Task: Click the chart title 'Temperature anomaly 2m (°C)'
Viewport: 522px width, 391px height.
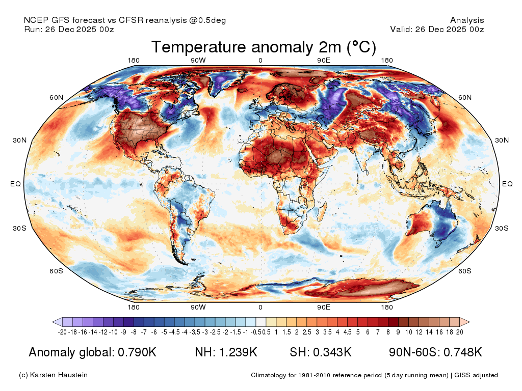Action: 264,47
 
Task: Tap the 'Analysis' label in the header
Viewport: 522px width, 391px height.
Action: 467,20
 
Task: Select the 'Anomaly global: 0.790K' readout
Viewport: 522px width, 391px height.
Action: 93,352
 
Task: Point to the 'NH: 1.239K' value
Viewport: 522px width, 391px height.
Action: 226,352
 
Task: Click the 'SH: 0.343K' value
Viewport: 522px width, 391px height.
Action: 321,352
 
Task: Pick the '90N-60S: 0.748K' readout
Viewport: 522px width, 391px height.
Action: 435,352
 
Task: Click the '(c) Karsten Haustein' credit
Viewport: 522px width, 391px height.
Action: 53,375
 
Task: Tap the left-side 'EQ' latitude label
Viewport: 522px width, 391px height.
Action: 16,184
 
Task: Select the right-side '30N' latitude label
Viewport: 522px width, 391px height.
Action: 502,140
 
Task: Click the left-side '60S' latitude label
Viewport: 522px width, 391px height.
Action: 56,271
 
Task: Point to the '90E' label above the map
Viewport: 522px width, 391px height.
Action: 324,60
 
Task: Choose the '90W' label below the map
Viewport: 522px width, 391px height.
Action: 198,307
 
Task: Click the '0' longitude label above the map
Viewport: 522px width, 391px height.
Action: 260,60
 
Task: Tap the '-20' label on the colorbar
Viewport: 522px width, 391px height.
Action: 62,332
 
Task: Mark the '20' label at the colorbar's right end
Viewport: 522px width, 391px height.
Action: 460,332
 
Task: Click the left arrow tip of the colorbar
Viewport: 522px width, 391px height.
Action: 53,322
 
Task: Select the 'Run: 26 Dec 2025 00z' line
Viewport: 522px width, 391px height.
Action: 69,29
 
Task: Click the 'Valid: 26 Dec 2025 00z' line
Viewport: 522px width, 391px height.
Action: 437,29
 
